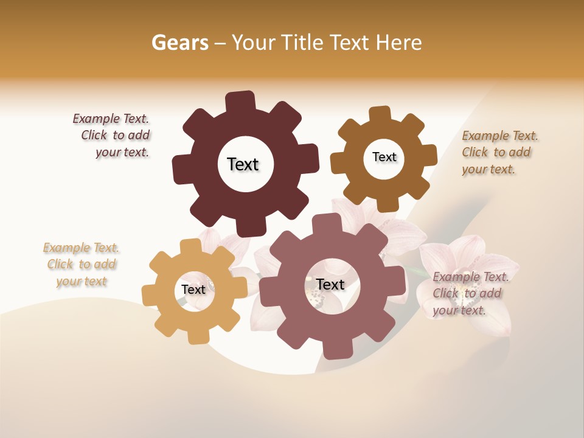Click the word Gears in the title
click(x=180, y=43)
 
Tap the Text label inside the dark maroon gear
click(x=243, y=164)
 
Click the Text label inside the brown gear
click(x=384, y=157)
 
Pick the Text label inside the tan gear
click(x=193, y=290)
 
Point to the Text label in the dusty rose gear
click(x=330, y=284)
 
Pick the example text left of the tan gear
click(x=82, y=265)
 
